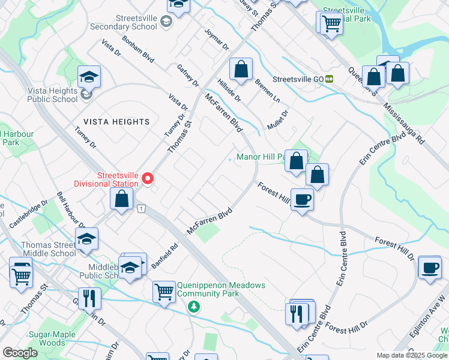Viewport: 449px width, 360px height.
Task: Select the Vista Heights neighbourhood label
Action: pos(116,122)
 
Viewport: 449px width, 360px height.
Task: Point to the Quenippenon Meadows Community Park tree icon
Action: pos(193,307)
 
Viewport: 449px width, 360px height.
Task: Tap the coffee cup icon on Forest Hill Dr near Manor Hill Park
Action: pos(302,199)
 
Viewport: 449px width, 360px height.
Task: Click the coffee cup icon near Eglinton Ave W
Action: pos(429,268)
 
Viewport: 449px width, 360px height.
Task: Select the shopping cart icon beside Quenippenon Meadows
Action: pos(164,293)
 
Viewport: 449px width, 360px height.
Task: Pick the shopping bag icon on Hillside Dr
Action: pos(241,69)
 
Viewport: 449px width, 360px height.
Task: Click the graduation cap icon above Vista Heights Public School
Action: pos(89,77)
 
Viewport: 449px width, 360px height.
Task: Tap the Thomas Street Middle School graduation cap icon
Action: pos(87,239)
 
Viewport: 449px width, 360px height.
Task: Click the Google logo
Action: pos(20,352)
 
